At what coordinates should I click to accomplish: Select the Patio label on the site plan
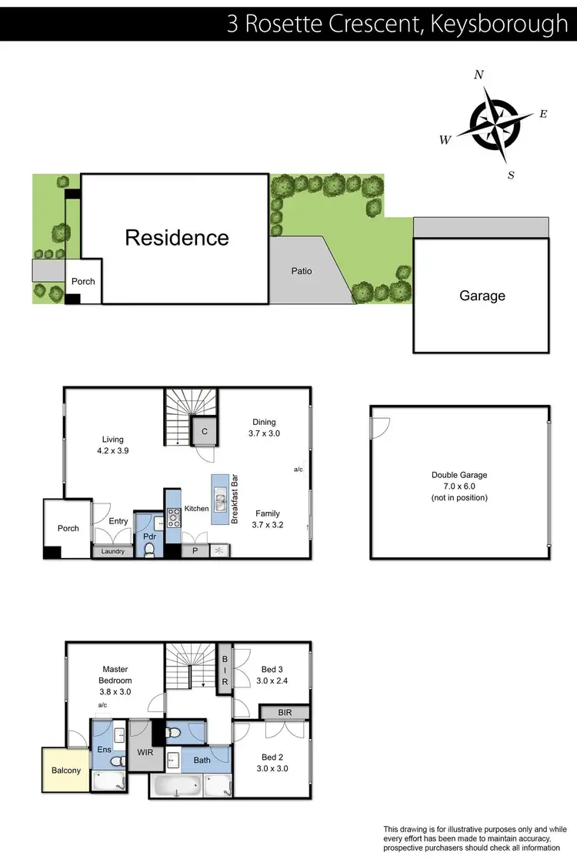click(302, 271)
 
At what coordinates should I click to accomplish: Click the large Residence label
click(177, 237)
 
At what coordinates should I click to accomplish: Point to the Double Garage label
click(459, 475)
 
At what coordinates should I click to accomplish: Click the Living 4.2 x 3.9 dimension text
click(112, 451)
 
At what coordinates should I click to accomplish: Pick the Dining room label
click(264, 422)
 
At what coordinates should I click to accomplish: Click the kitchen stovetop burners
click(174, 517)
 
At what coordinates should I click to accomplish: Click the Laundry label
click(113, 551)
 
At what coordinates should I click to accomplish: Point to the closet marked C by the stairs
click(205, 432)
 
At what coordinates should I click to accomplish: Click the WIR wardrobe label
click(143, 751)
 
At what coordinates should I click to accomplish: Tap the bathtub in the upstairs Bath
click(177, 786)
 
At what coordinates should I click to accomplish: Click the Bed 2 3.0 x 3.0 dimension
click(272, 768)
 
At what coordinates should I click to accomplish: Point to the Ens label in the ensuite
click(103, 748)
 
